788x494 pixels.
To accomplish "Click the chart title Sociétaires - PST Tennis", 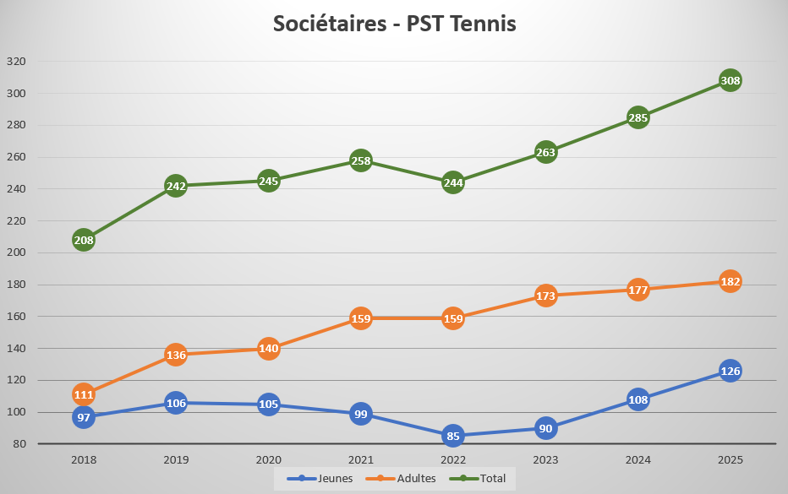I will click(x=394, y=24).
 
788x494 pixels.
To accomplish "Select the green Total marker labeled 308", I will click(x=731, y=81).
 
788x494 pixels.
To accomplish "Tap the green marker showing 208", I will click(x=83, y=240).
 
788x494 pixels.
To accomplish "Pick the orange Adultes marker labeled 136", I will click(x=176, y=355).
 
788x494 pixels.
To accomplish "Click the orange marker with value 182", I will click(x=731, y=281).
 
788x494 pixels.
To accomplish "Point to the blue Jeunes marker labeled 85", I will click(x=453, y=437).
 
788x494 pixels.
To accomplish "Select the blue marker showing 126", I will click(x=731, y=371).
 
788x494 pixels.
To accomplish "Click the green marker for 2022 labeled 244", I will click(x=453, y=182).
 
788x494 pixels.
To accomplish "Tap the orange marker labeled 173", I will click(x=546, y=296).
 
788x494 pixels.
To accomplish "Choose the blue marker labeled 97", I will click(x=83, y=417).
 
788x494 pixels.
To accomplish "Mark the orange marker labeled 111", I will click(x=83, y=394).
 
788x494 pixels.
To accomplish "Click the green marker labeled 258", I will click(x=361, y=160).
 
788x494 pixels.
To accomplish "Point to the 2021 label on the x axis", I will click(x=361, y=460).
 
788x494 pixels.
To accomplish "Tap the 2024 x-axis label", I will click(x=638, y=460).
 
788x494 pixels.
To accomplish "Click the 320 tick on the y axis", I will click(x=16, y=62).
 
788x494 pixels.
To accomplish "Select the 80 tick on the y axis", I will click(x=19, y=444).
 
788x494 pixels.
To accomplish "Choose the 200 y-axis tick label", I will click(x=16, y=252).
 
